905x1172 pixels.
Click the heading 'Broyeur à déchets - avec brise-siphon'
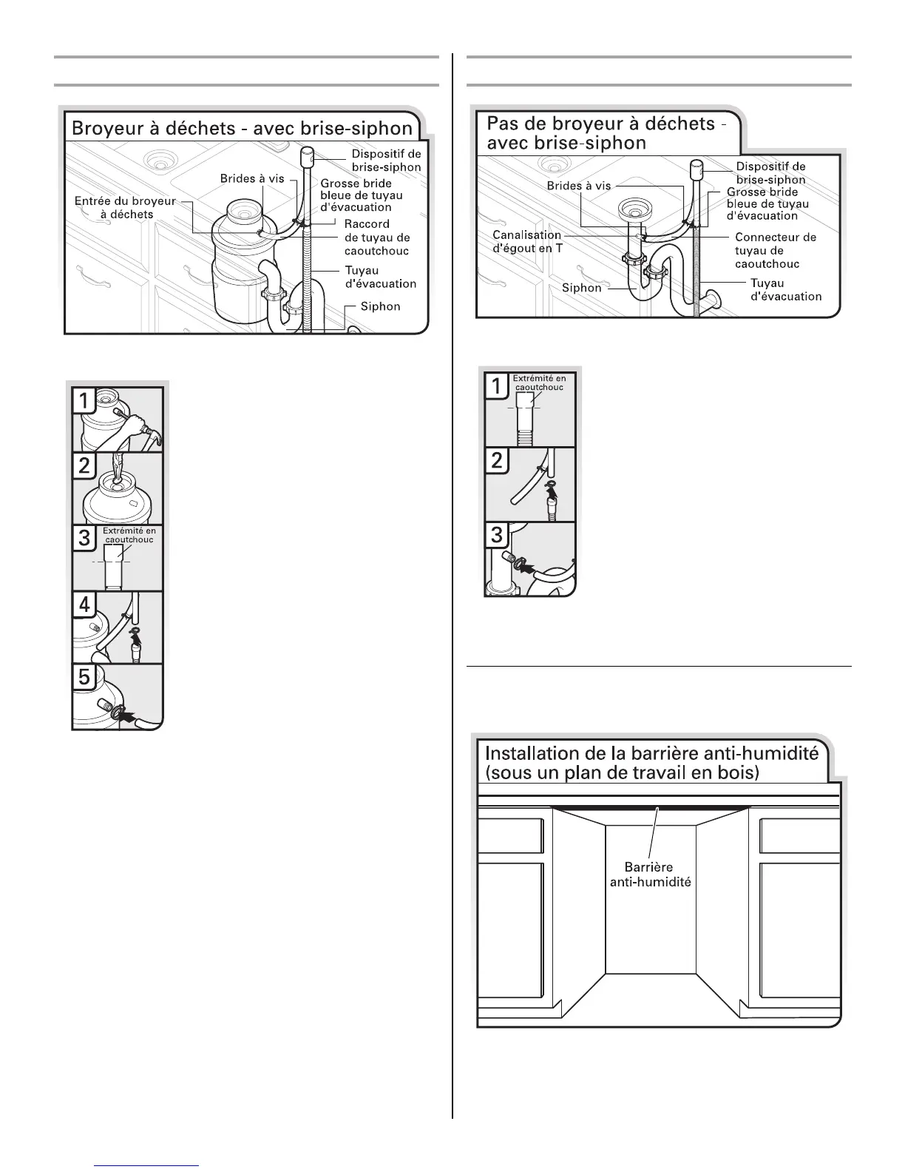(241, 129)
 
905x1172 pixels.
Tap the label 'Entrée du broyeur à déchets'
(126, 208)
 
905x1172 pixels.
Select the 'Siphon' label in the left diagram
(380, 306)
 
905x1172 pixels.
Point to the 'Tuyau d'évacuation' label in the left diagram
(381, 277)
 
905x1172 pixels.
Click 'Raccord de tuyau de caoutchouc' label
(377, 238)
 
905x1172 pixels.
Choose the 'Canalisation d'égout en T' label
(527, 242)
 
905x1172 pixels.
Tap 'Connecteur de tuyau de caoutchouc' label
(775, 250)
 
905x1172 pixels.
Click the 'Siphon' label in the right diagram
(582, 287)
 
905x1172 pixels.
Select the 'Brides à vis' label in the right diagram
(579, 186)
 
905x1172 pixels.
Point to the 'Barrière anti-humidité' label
(650, 875)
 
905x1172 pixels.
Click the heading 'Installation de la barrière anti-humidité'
(651, 763)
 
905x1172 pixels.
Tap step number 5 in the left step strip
(85, 677)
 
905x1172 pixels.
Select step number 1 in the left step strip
(85, 401)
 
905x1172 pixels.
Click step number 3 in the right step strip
(497, 535)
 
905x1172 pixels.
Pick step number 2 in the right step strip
(497, 461)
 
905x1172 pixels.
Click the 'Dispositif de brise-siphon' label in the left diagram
(386, 161)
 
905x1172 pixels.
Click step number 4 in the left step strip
(85, 604)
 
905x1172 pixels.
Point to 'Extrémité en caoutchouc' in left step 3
(129, 535)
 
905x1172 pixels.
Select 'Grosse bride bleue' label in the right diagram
(767, 203)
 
